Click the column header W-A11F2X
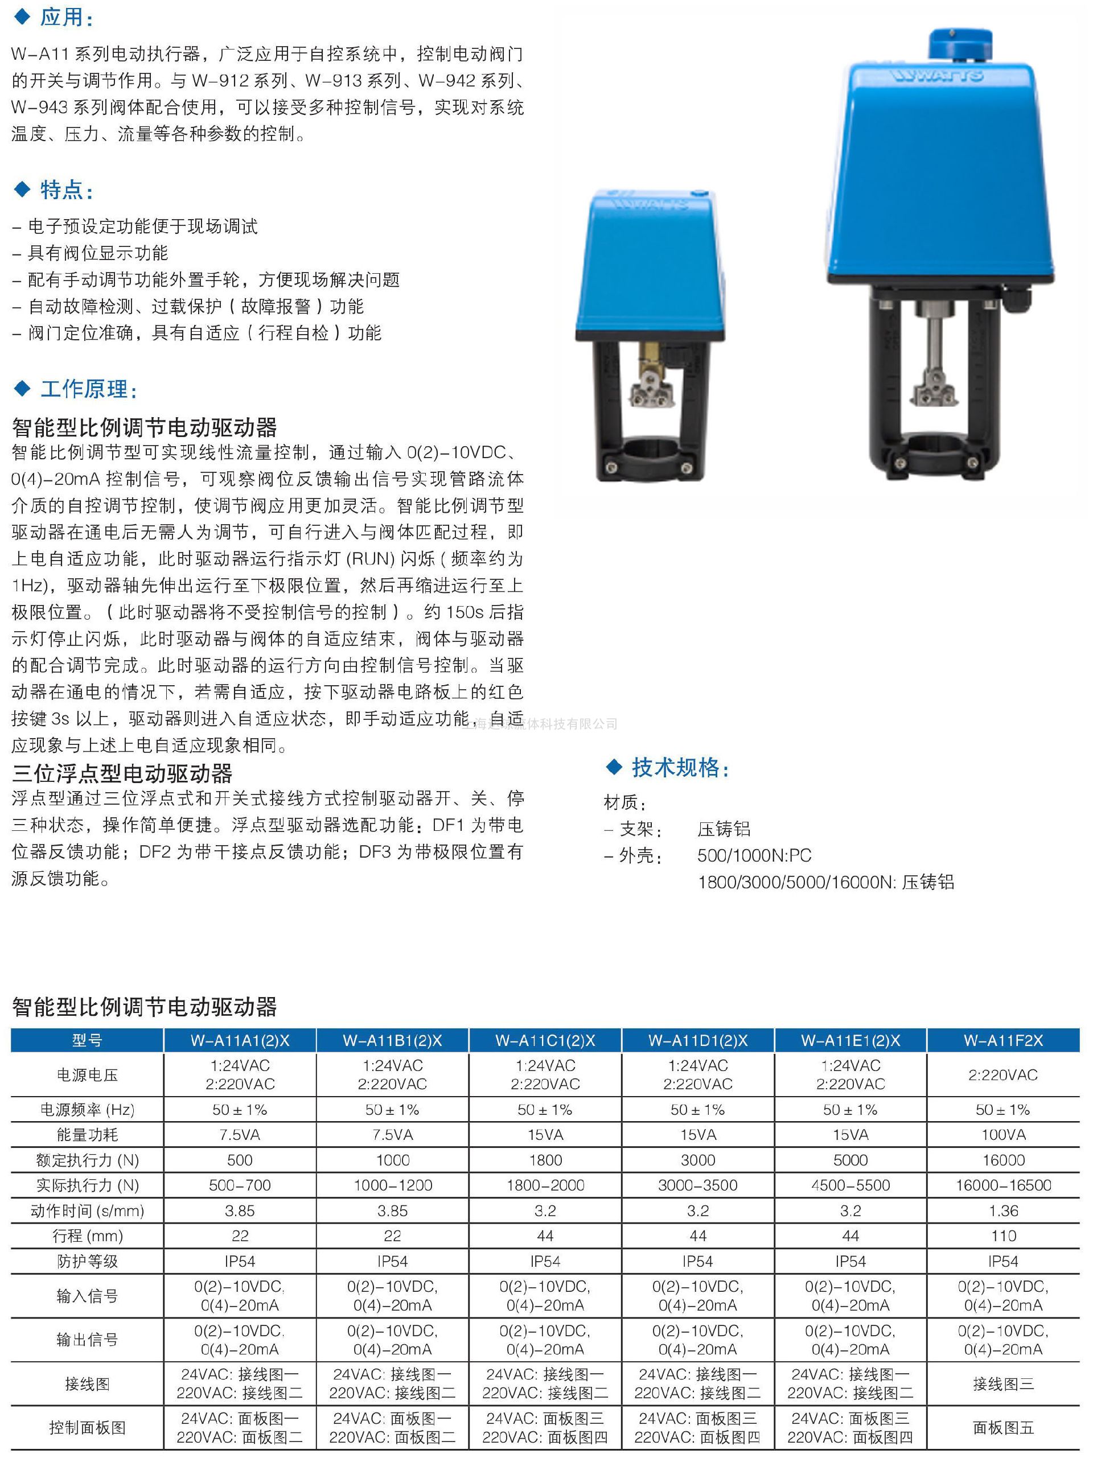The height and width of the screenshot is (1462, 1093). (1002, 1040)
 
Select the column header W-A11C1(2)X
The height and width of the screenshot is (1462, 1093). (545, 1040)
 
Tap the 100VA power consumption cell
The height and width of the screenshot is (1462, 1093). (1002, 1135)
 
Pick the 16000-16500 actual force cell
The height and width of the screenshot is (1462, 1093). (1002, 1185)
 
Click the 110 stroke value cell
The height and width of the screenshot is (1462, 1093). (1002, 1236)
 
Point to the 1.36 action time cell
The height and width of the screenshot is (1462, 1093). (1002, 1210)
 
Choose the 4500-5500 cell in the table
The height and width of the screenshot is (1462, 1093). (850, 1185)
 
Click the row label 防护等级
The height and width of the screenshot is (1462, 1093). (87, 1261)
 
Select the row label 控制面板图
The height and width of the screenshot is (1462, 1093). (87, 1428)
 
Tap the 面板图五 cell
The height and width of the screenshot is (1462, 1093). (1002, 1428)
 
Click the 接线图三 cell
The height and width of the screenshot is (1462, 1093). (1002, 1383)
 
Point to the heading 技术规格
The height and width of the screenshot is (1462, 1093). (680, 767)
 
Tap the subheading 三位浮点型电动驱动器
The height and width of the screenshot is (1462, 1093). (122, 773)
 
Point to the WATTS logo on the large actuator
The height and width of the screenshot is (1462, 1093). (937, 76)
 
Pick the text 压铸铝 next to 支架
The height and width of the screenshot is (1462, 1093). (724, 829)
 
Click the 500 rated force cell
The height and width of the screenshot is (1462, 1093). (239, 1160)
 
